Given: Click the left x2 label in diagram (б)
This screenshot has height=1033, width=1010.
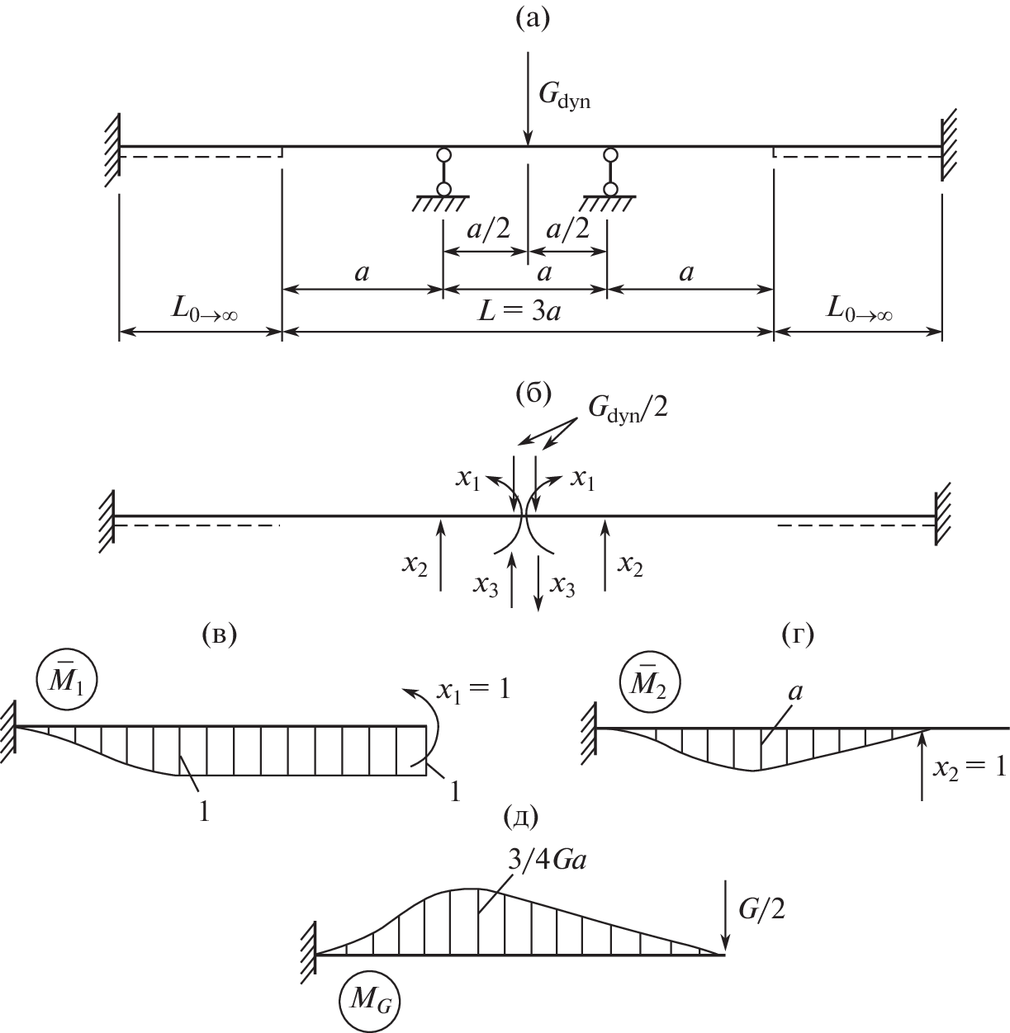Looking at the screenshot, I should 415,565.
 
